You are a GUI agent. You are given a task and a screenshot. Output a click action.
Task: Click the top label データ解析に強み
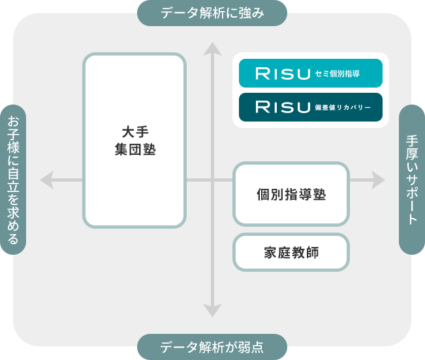212,12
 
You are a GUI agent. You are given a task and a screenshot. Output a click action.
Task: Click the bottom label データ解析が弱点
212,347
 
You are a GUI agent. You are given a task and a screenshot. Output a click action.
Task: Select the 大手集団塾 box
134,140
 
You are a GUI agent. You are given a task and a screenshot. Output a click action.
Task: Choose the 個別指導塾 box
291,194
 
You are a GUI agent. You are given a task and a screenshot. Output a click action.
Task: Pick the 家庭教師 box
291,252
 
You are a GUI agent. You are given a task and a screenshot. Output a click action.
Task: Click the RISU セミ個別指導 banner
311,73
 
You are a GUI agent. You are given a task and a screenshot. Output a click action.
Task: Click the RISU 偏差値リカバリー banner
311,106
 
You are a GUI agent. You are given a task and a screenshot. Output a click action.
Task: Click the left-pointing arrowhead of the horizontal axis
46,180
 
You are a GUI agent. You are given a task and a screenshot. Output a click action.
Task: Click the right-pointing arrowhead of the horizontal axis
379,180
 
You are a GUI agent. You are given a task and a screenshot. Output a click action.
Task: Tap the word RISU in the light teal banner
282,73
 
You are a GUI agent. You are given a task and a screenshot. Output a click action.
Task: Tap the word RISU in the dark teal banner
282,106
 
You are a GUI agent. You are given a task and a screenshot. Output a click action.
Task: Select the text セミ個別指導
337,74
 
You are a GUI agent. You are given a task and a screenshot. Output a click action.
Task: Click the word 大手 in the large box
134,131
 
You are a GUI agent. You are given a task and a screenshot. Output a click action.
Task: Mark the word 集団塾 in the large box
134,150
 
